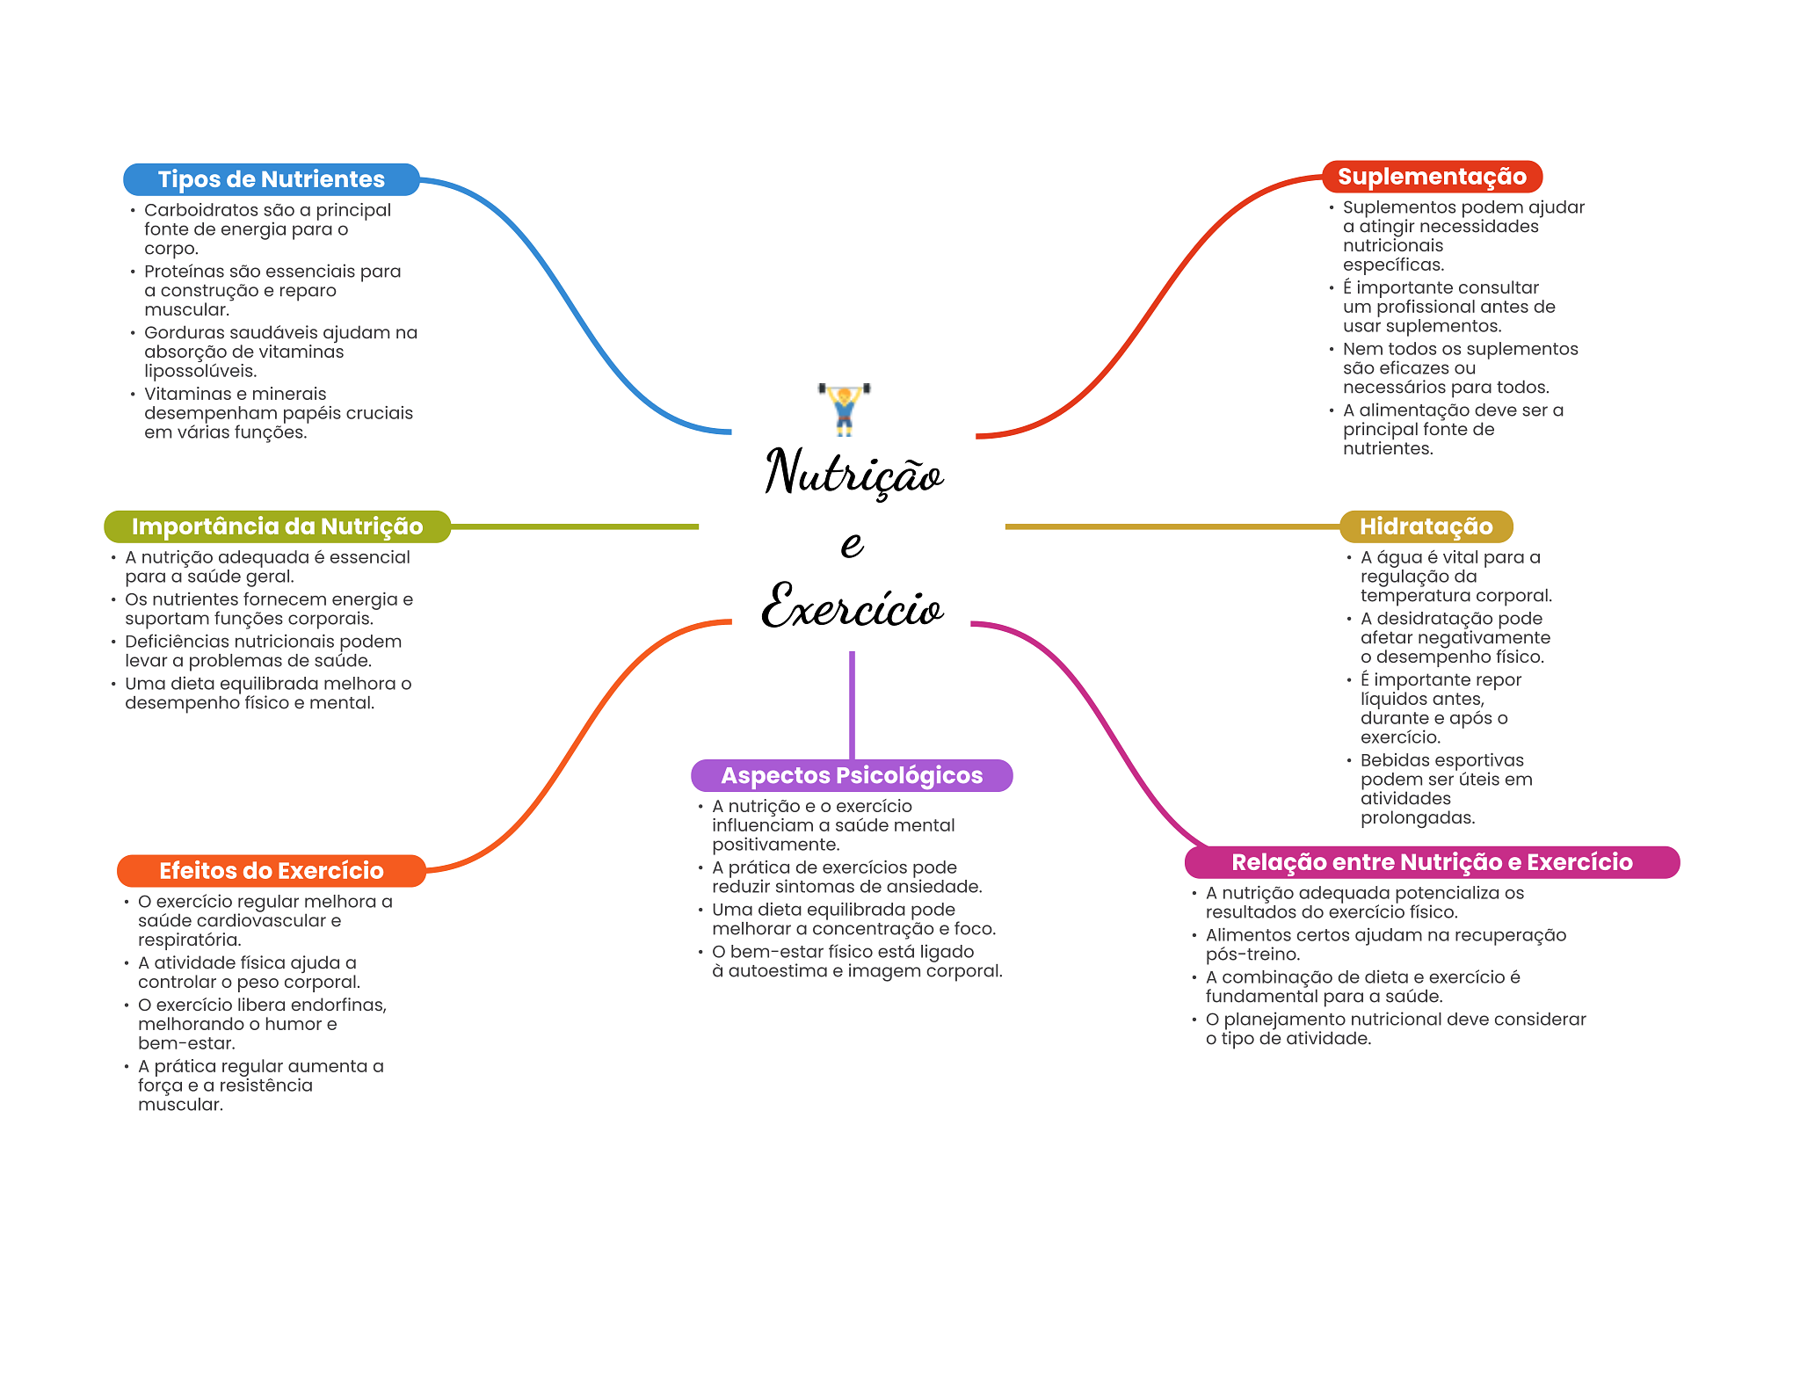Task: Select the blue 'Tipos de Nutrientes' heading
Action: [271, 179]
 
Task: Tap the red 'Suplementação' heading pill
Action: [1432, 177]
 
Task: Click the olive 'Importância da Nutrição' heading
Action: [277, 526]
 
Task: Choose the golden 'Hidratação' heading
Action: [1426, 526]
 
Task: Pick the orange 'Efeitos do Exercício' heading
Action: [271, 871]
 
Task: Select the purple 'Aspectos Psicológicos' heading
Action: [852, 775]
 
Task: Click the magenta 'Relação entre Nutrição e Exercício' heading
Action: [1432, 862]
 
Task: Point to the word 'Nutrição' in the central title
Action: [853, 473]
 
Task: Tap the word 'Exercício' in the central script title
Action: [852, 607]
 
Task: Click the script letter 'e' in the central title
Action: [852, 544]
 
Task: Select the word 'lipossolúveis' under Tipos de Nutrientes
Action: [200, 371]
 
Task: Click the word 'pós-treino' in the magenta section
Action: [1252, 954]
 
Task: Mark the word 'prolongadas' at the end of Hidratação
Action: [1417, 818]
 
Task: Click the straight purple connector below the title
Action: [852, 703]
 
